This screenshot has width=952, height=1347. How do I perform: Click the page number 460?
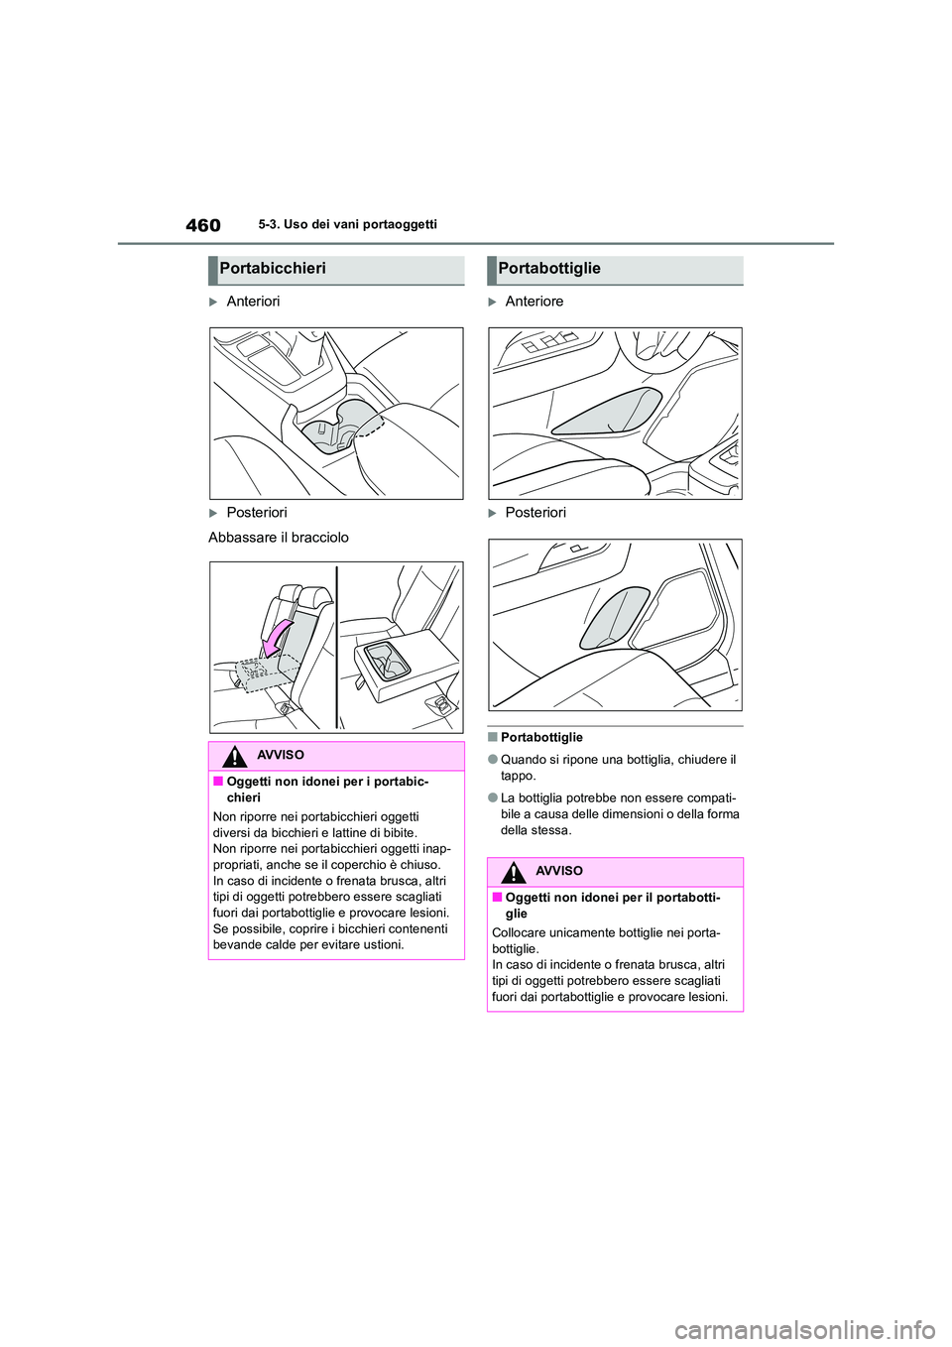point(203,226)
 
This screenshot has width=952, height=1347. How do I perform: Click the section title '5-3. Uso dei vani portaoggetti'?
point(347,225)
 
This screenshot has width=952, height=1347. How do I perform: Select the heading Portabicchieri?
point(273,269)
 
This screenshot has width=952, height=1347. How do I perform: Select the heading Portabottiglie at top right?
point(549,269)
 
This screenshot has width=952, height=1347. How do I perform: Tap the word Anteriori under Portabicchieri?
point(253,302)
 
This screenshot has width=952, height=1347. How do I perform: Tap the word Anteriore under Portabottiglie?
point(534,302)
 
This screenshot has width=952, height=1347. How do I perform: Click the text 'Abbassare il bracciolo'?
point(279,538)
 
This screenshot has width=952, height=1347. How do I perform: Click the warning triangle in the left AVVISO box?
point(234,757)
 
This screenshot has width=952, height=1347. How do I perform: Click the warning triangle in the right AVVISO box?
point(513,873)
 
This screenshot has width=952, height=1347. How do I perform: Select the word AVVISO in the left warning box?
point(281,756)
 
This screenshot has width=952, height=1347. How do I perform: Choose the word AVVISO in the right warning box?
point(559,872)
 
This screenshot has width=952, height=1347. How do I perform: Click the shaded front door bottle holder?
point(607,413)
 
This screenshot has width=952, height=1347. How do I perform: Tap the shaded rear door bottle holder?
point(614,618)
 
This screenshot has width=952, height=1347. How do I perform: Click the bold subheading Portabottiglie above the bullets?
point(541,738)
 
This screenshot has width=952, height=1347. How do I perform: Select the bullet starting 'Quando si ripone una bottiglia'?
point(618,768)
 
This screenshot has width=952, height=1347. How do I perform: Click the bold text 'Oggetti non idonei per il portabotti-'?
point(612,898)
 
